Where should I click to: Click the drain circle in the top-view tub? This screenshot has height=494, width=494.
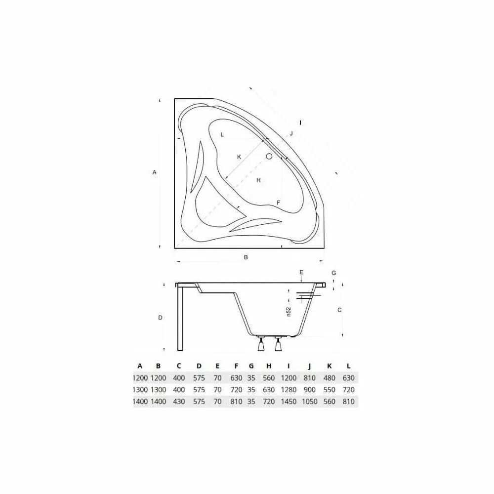click(x=269, y=157)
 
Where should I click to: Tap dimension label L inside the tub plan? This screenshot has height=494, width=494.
click(x=222, y=134)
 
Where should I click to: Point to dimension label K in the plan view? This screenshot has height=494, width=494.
click(x=239, y=157)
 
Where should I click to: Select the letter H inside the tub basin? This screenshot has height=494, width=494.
click(x=258, y=180)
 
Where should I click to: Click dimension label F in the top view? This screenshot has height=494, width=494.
click(x=279, y=203)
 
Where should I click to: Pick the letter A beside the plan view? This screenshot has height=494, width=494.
click(x=155, y=172)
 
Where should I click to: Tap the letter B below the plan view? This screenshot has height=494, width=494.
click(x=246, y=257)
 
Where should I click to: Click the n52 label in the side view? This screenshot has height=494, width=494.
click(x=289, y=312)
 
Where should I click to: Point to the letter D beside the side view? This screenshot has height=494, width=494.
click(x=161, y=318)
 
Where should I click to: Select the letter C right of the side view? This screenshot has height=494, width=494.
click(x=339, y=310)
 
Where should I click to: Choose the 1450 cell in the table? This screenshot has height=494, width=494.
click(x=288, y=402)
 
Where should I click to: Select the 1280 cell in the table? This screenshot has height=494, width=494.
click(x=288, y=390)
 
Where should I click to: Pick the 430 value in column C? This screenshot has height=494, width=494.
click(x=179, y=402)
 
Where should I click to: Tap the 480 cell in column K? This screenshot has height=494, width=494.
click(x=329, y=378)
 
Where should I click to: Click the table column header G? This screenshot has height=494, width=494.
click(x=251, y=366)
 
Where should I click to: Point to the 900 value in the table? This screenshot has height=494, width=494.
click(x=310, y=390)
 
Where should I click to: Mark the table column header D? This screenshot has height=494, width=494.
click(x=199, y=366)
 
